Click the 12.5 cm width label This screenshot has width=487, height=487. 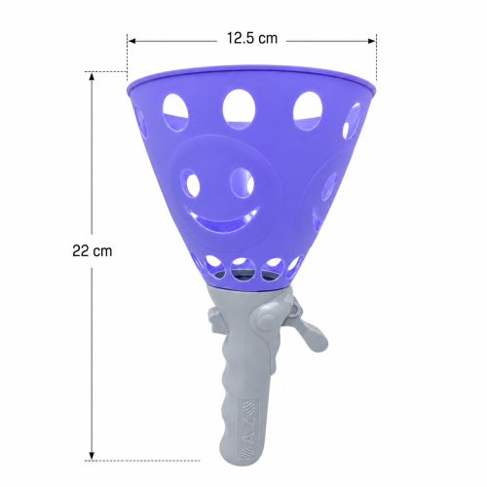(252, 38)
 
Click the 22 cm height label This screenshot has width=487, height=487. (93, 250)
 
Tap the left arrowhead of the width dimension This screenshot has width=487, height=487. (131, 41)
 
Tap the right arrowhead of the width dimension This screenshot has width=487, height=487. (372, 41)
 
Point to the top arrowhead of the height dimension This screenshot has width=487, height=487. (92, 76)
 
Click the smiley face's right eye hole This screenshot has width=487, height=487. (243, 183)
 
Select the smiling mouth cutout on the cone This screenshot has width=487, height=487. (221, 218)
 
